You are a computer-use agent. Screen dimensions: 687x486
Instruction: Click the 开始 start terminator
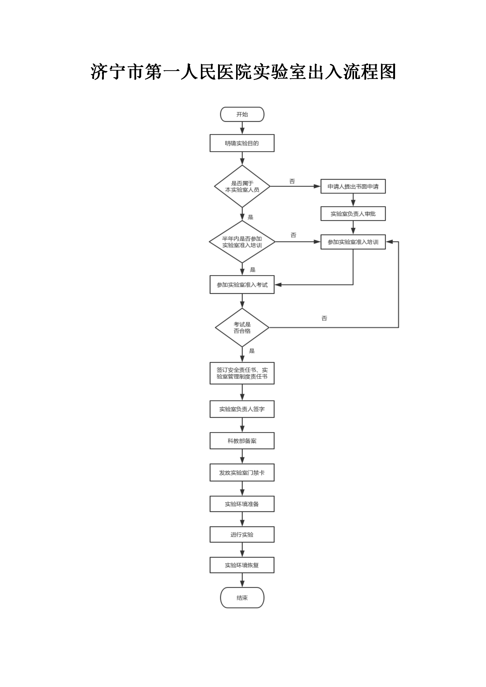tap(242, 114)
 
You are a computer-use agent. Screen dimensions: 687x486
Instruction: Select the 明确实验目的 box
tap(242, 143)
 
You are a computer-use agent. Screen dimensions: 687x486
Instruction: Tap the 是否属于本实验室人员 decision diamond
tap(242, 186)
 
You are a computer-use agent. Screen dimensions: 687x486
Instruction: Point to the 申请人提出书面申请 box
tap(353, 186)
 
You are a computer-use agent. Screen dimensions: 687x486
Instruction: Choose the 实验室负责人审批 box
tap(353, 214)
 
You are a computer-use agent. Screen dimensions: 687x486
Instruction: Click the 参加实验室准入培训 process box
tap(353, 242)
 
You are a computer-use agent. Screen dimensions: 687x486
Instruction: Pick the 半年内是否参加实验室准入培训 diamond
tap(242, 242)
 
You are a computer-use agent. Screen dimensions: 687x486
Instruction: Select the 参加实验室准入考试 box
tap(242, 285)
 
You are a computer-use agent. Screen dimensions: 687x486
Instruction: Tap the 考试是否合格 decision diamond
tap(242, 327)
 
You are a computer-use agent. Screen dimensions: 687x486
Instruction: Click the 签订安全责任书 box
tap(242, 373)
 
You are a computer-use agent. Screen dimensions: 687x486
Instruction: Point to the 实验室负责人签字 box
tap(242, 409)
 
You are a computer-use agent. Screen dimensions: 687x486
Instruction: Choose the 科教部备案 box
tap(242, 441)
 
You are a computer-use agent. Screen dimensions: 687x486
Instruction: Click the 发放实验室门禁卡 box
tap(242, 473)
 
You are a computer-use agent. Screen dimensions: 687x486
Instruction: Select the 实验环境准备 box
tap(242, 504)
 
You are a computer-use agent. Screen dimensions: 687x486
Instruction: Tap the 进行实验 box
tap(242, 535)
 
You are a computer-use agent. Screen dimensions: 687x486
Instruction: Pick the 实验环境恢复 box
tap(242, 565)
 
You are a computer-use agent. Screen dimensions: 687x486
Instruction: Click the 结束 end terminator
tap(242, 598)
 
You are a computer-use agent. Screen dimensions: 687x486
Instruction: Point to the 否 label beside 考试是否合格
tap(324, 319)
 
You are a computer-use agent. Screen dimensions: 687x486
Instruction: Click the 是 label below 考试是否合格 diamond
tap(252, 351)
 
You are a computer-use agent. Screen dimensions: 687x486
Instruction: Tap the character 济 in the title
tap(100, 72)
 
